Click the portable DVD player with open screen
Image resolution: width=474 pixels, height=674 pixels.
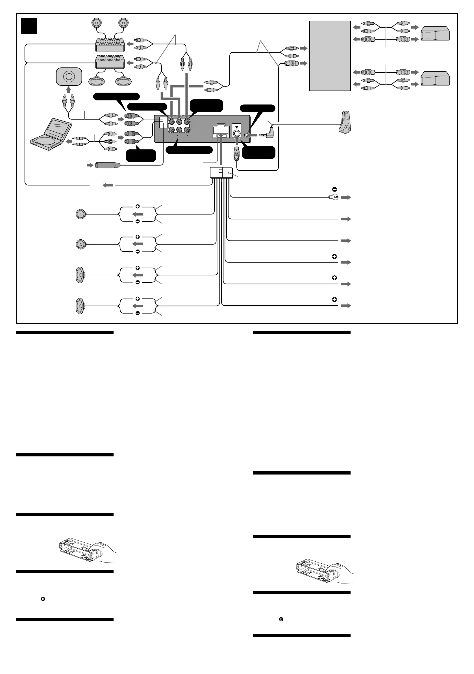pyautogui.click(x=52, y=134)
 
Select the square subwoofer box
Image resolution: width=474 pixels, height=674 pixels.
pyautogui.click(x=69, y=77)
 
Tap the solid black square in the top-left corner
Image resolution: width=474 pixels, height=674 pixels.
pyautogui.click(x=29, y=26)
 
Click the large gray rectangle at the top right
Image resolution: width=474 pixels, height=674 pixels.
pyautogui.click(x=330, y=56)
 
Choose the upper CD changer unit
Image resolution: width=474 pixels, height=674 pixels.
pyautogui.click(x=435, y=33)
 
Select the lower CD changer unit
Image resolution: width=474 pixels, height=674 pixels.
pyautogui.click(x=435, y=78)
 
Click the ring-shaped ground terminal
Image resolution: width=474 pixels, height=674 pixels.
pyautogui.click(x=334, y=197)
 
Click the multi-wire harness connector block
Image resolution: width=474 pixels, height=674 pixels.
pyautogui.click(x=221, y=173)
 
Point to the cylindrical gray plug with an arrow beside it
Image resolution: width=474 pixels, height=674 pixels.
pyautogui.click(x=108, y=166)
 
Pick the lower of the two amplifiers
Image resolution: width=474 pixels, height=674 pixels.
pyautogui.click(x=110, y=62)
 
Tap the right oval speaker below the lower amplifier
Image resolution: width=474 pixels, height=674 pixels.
pyautogui.click(x=123, y=81)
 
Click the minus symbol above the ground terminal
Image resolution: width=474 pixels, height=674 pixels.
pyautogui.click(x=334, y=189)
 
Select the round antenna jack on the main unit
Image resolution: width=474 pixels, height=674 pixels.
pyautogui.click(x=236, y=134)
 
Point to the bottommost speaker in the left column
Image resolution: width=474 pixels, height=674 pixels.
pyautogui.click(x=80, y=306)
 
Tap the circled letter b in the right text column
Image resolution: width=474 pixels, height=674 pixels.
pyautogui.click(x=281, y=619)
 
